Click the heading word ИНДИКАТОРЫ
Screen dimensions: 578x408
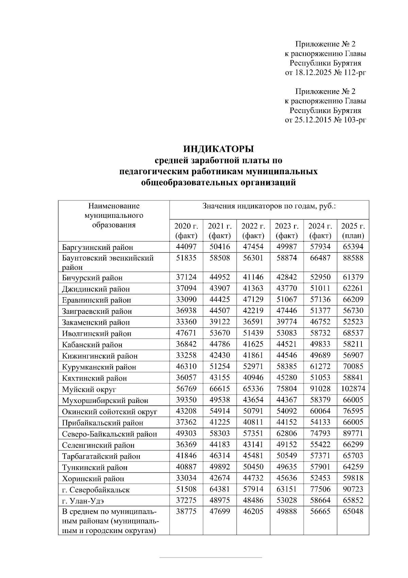point(219,149)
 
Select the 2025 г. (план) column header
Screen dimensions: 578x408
point(353,231)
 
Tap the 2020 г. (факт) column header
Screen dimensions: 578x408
point(186,231)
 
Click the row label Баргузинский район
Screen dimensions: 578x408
point(98,247)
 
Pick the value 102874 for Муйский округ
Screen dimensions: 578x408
point(353,389)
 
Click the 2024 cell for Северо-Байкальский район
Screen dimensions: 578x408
point(320,433)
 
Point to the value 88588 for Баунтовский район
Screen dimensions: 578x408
point(353,258)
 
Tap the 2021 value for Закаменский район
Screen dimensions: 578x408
point(219,322)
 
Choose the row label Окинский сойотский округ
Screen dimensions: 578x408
point(109,412)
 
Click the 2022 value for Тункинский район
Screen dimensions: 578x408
point(253,467)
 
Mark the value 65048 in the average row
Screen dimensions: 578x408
point(353,512)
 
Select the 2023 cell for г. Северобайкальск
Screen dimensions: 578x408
point(287,489)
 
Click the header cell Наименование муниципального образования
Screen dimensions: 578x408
point(114,215)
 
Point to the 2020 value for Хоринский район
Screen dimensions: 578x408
point(186,478)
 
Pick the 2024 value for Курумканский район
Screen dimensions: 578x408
point(320,366)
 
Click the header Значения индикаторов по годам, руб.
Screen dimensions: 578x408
point(269,206)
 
